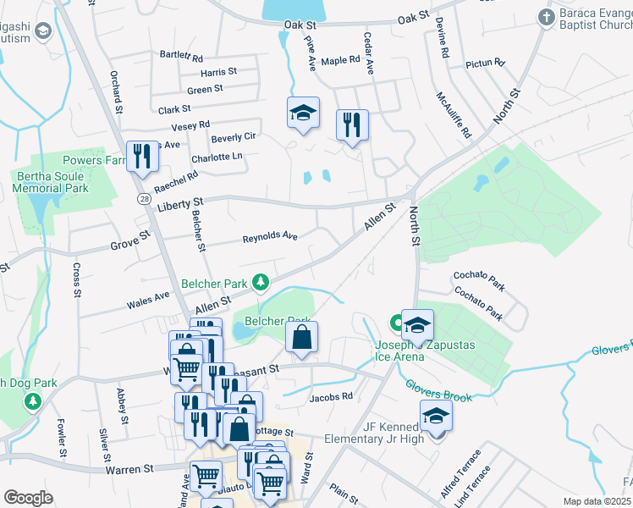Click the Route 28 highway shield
[x=146, y=197]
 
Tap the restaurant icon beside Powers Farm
[x=141, y=156]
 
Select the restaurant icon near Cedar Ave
[x=351, y=124]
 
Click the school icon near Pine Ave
[x=302, y=113]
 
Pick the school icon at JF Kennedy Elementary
[x=436, y=417]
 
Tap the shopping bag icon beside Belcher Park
[x=301, y=338]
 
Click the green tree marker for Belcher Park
[x=262, y=282]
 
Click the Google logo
[x=28, y=498]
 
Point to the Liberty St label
[x=179, y=203]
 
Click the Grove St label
[x=129, y=246]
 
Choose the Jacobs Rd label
[x=330, y=397]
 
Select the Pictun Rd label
[x=485, y=63]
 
